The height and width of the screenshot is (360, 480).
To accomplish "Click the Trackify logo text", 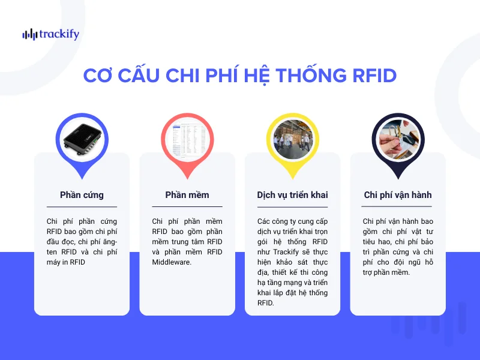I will pos(58,34).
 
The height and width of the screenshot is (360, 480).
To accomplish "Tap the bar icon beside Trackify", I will pos(29,35).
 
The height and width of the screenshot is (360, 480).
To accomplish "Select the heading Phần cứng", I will pos(82,195).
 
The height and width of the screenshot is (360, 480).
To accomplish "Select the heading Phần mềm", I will pos(187,195).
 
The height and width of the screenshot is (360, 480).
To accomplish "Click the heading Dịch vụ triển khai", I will pos(292,195).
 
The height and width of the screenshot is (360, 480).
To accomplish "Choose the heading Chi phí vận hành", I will pos(398,195).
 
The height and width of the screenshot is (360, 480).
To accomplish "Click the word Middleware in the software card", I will pos(172,262).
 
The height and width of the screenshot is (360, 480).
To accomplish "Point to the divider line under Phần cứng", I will pos(82,207).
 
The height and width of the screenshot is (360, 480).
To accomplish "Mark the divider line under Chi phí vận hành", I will pos(398,207).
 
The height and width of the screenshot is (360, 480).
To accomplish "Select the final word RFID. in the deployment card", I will pos(265,303).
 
